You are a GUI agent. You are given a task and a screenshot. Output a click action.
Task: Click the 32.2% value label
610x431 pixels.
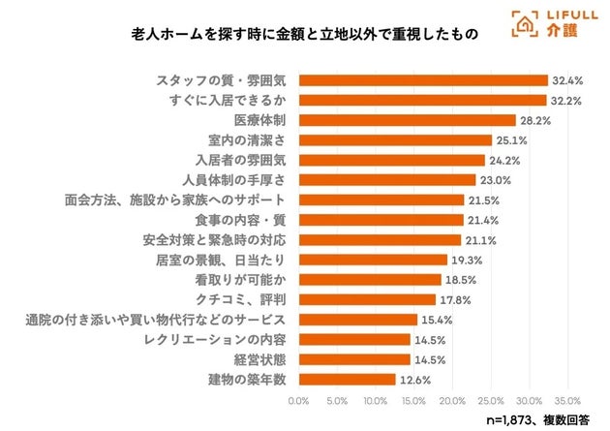pyautogui.click(x=566, y=100)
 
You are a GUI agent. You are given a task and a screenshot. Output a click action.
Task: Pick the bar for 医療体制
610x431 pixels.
pyautogui.click(x=407, y=120)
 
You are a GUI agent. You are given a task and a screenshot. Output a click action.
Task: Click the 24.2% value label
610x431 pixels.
pyautogui.click(x=504, y=160)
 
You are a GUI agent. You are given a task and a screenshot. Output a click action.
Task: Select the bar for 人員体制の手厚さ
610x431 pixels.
pyautogui.click(x=387, y=180)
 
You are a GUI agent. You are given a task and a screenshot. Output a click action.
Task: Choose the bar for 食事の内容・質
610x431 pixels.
pyautogui.click(x=381, y=220)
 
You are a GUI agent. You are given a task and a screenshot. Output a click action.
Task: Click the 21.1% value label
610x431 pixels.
pyautogui.click(x=480, y=239)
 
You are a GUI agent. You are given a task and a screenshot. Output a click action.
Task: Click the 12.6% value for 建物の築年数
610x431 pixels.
pyautogui.click(x=415, y=379)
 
